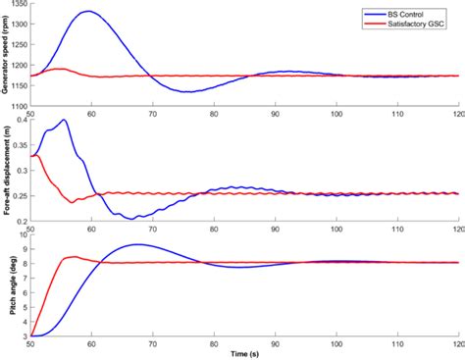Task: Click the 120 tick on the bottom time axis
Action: [457, 343]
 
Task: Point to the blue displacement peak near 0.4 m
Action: [65, 120]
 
